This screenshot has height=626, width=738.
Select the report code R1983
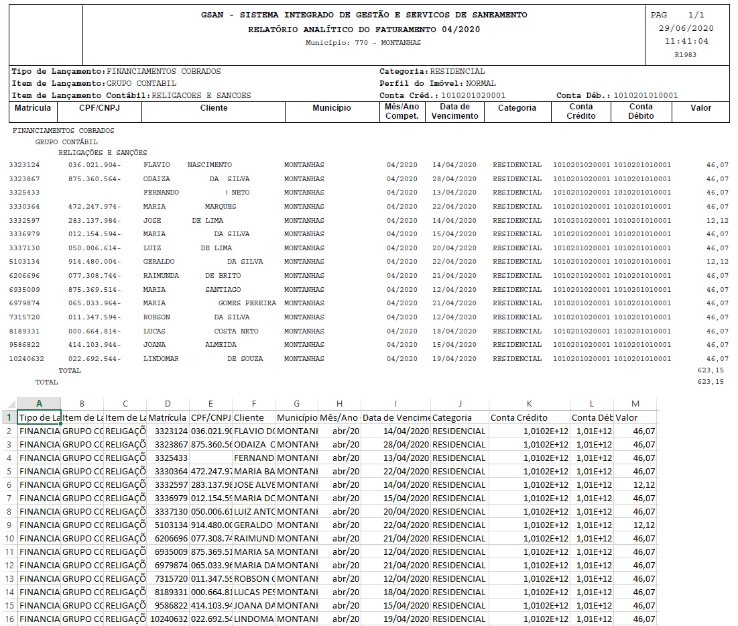(686, 54)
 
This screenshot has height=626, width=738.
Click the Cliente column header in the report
(214, 108)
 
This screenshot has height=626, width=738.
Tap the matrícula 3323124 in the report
(24, 165)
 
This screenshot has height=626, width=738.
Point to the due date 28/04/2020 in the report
(454, 179)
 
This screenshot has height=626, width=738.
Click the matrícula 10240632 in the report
(26, 359)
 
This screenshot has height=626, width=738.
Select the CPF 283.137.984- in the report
(95, 221)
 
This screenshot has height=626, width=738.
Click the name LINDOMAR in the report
(161, 359)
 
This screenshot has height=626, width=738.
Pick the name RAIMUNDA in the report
(161, 276)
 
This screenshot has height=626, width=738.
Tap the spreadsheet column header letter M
(635, 404)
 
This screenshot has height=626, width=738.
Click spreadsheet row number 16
(9, 619)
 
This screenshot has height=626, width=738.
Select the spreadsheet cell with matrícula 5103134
(168, 525)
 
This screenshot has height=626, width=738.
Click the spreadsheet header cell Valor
(627, 417)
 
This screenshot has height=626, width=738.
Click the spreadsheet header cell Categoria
(452, 417)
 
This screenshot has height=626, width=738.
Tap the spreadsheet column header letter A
(39, 404)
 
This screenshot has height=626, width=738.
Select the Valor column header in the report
(700, 108)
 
